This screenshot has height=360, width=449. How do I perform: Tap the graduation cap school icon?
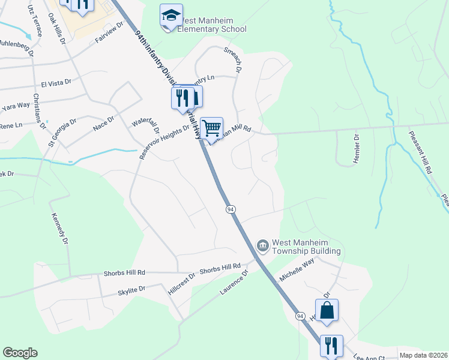pyautogui.click(x=171, y=16)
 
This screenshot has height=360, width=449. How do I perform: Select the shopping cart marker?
pyautogui.click(x=211, y=128)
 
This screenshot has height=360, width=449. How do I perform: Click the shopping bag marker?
pyautogui.click(x=327, y=310)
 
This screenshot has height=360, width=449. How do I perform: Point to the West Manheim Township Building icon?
pyautogui.click(x=262, y=245)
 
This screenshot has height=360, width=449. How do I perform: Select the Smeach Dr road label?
pyautogui.click(x=231, y=61)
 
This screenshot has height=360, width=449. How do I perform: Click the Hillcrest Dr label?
pyautogui.click(x=182, y=280)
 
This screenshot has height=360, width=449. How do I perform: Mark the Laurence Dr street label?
pyautogui.click(x=234, y=282)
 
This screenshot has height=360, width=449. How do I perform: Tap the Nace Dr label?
pyautogui.click(x=103, y=124)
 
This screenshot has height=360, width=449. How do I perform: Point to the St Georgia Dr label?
pyautogui.click(x=62, y=132)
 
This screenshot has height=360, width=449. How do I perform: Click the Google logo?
pyautogui.click(x=20, y=353)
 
